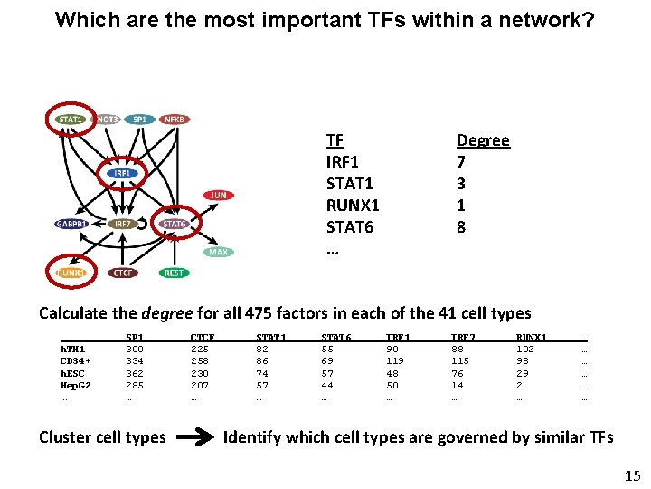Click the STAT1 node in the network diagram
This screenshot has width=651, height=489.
71,119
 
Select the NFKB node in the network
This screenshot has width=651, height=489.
174,119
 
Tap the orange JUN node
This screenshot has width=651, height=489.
219,195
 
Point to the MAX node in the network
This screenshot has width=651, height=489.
219,253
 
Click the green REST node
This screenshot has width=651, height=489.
174,273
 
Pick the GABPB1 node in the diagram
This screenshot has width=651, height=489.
71,224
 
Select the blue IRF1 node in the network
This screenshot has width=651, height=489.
121,173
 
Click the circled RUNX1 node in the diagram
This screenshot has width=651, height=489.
71,273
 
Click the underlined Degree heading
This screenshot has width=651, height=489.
483,140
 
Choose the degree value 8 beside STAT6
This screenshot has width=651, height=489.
461,227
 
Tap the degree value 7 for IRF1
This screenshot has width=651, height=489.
461,162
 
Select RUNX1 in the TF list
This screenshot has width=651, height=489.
353,206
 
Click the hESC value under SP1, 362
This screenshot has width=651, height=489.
135,373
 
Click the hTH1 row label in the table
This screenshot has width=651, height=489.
72,349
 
